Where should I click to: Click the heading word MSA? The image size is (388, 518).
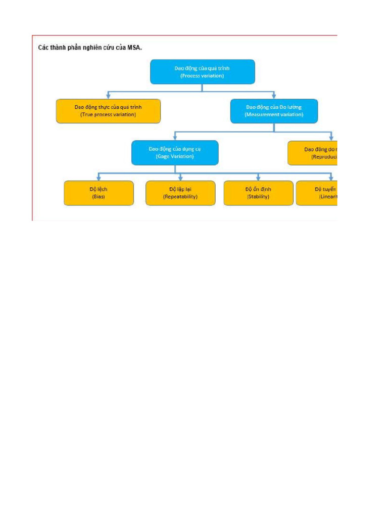(133, 48)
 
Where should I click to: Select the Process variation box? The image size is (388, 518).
(202, 72)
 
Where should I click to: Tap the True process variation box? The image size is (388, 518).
(108, 111)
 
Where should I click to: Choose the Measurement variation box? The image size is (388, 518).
(274, 111)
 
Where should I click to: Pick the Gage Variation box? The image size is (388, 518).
(175, 153)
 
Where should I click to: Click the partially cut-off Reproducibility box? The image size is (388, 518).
(313, 153)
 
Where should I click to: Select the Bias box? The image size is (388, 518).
(99, 193)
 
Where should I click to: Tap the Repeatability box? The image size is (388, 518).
(180, 193)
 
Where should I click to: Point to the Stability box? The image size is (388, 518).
(258, 193)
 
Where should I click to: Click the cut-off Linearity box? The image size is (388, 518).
(317, 193)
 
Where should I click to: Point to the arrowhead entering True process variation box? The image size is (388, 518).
(108, 96)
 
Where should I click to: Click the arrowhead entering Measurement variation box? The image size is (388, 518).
(274, 96)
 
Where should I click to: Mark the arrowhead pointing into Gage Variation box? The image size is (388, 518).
(175, 137)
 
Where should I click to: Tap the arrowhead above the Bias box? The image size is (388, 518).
(99, 178)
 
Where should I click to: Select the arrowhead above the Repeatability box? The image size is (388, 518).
(180, 178)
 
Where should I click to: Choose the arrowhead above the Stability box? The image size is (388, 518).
(258, 178)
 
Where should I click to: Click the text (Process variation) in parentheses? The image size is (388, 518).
(202, 76)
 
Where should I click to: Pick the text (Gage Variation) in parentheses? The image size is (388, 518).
(175, 157)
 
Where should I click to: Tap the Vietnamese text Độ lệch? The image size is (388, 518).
(99, 189)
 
